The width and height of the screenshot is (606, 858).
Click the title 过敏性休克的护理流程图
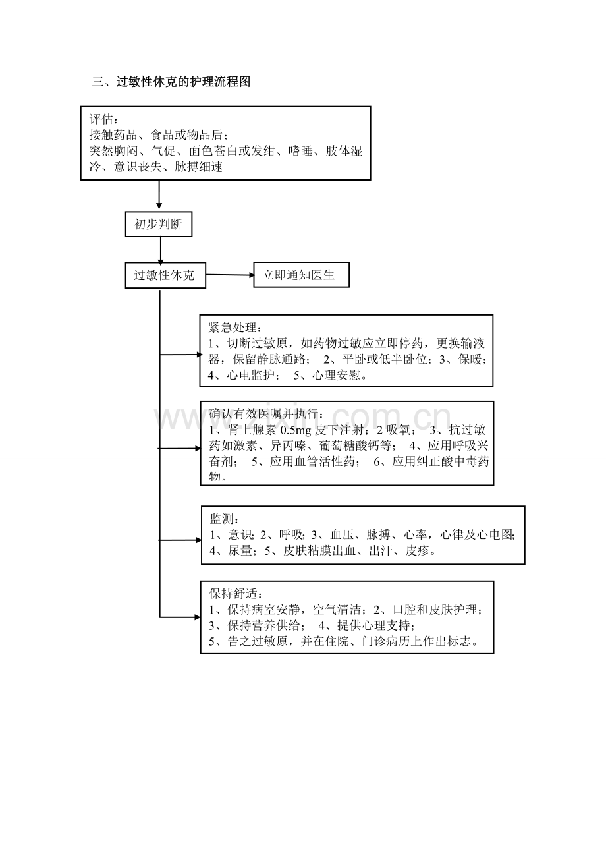[x=183, y=82]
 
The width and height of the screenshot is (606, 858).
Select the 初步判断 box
[x=159, y=224]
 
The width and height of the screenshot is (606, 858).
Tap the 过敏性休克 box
[x=165, y=275]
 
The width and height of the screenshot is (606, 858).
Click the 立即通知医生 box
[x=301, y=275]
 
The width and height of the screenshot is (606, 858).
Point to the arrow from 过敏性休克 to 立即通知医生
[x=230, y=275]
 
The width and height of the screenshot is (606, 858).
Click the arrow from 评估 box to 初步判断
[x=159, y=194]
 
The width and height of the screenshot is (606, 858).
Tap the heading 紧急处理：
[x=235, y=328]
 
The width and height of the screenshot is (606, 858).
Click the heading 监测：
[x=225, y=519]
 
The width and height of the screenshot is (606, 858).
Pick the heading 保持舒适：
[x=236, y=594]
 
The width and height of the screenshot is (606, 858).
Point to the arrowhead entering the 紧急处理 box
[x=200, y=355]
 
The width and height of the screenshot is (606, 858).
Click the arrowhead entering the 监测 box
[x=199, y=540]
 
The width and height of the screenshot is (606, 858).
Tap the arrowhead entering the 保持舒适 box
[x=198, y=617]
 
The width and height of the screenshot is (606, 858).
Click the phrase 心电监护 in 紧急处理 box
[x=250, y=374]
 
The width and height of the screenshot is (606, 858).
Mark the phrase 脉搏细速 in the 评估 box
[x=198, y=167]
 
